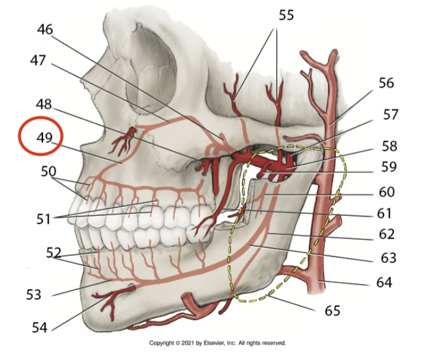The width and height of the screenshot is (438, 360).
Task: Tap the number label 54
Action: pos(40,328)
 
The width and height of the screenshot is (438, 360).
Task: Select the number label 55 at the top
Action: pos(286,16)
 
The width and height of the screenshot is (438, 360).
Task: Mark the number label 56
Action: pos(386,83)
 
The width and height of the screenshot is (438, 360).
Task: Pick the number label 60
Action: pos(390,193)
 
